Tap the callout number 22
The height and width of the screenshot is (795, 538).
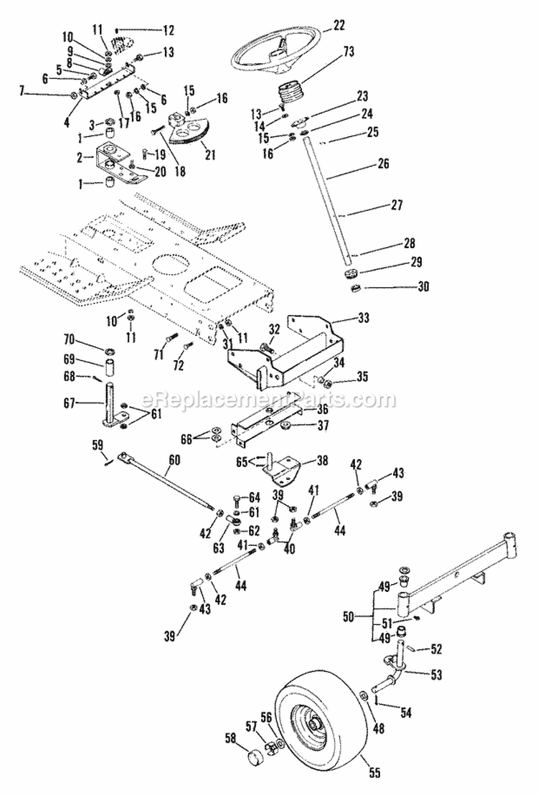coord(339,25)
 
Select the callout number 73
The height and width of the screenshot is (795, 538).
coord(349,51)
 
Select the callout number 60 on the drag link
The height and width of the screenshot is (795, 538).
coord(174,460)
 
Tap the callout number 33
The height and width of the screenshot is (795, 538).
coord(363,318)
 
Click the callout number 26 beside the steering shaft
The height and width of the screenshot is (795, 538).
coord(383,164)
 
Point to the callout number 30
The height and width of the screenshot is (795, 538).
coord(423,286)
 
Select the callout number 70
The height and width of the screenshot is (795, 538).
coord(70,338)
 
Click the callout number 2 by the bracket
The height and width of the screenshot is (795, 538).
coord(79,157)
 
